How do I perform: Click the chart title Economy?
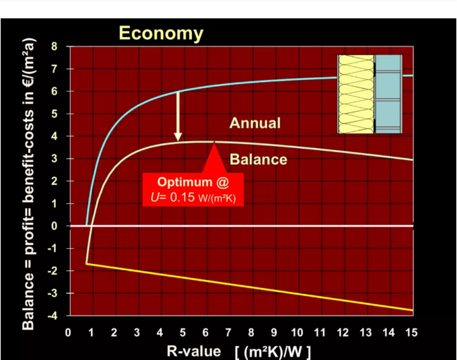(161, 33)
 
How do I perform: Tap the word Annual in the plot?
(255, 123)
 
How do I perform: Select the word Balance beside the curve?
(258, 159)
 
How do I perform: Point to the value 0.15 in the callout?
(182, 197)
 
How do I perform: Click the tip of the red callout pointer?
(215, 142)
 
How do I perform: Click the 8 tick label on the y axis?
(55, 46)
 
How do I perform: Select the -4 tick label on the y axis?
(52, 316)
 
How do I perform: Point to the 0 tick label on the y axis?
(55, 226)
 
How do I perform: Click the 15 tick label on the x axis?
(411, 332)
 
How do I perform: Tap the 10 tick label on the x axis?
(297, 332)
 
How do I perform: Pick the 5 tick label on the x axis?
(183, 332)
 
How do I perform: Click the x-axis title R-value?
(194, 351)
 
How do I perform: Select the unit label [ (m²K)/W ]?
(273, 352)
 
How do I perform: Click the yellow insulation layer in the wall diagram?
(356, 94)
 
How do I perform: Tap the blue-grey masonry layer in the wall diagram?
(388, 94)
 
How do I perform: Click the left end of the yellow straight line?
(86, 264)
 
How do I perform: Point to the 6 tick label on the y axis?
(55, 92)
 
